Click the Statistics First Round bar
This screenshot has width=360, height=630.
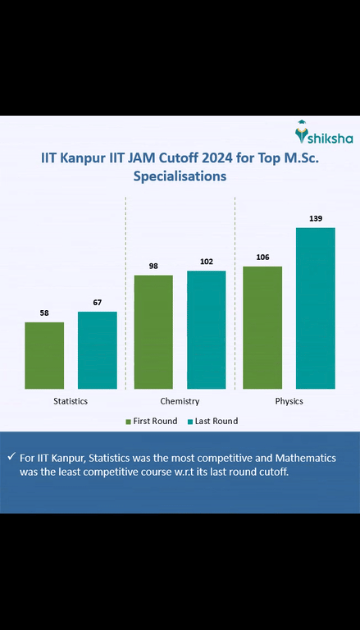point(44,355)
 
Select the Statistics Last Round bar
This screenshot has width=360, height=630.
point(98,350)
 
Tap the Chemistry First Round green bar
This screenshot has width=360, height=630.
point(153,331)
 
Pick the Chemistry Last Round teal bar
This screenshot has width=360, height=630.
point(207,330)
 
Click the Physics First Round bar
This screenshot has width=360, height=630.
point(262,327)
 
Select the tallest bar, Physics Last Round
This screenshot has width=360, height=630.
point(316,308)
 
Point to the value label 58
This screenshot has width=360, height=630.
point(44,313)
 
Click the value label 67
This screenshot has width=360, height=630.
point(98,303)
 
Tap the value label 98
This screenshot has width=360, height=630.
point(153,266)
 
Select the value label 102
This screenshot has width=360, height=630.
point(207,262)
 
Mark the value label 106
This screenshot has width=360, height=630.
point(262,258)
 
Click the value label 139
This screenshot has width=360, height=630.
point(316,218)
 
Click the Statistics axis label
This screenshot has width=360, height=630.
point(71,401)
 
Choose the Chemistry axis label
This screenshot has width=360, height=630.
point(180,401)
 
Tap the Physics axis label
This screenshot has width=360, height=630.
point(289,401)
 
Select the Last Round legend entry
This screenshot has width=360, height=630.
point(212,421)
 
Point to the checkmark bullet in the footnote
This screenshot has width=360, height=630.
point(11,457)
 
